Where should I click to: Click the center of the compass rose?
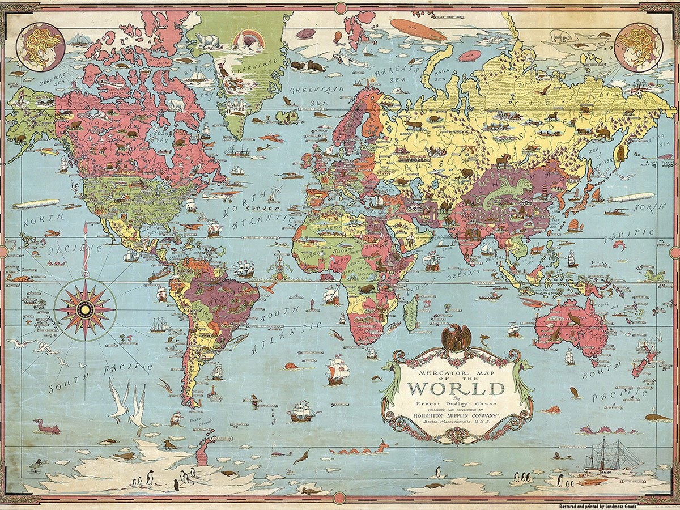pyautogui.click(x=85, y=309)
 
